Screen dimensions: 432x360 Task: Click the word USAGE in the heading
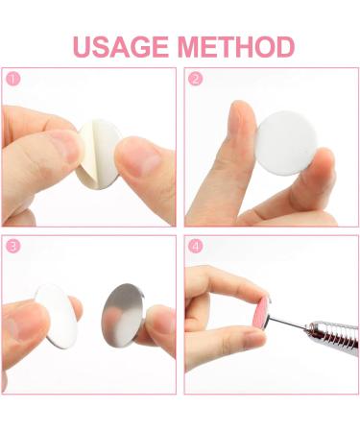pyautogui.click(x=121, y=46)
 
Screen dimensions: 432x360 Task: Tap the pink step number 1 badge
pyautogui.click(x=12, y=79)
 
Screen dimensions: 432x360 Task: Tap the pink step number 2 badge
pyautogui.click(x=196, y=79)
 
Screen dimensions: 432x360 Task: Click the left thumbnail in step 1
pyautogui.click(x=64, y=147)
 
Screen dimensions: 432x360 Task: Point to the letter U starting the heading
pyautogui.click(x=82, y=46)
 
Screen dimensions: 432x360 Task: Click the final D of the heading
pyautogui.click(x=283, y=46)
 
